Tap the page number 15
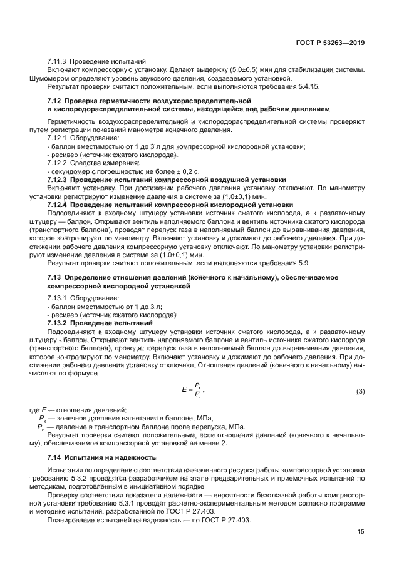[x=361, y=532]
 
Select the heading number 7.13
[x=54, y=277]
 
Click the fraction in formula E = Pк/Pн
[x=198, y=391]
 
